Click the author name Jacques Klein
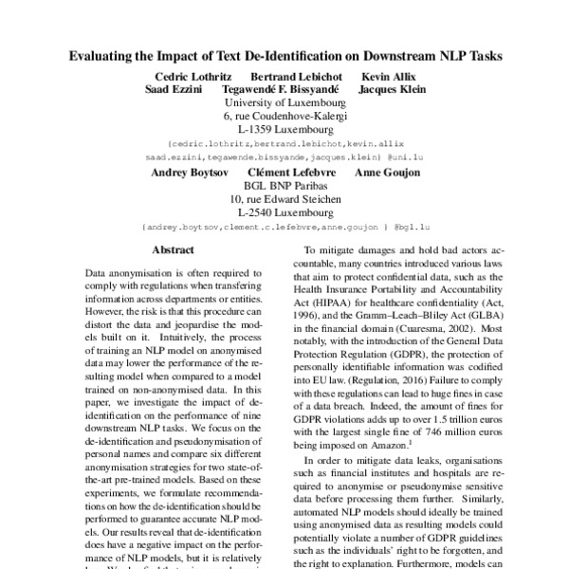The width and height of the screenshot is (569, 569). click(393, 89)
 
